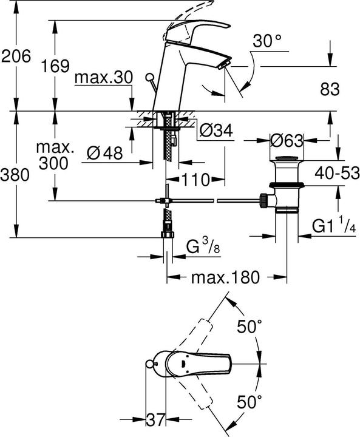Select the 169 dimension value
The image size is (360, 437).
point(56,67)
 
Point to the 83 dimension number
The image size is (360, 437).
point(328,89)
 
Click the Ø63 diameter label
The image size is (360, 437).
point(287,140)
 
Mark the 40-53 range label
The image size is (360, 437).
point(333,173)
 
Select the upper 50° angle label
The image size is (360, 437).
point(249,327)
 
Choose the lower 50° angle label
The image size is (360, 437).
point(249,401)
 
